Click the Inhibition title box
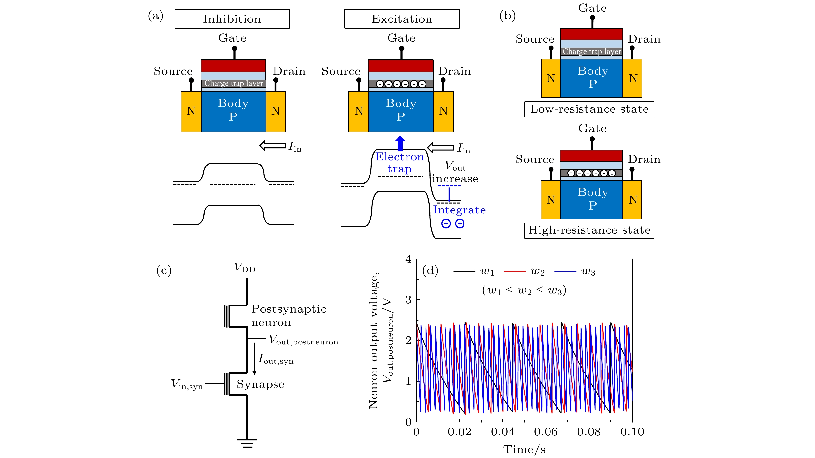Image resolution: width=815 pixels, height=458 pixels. pos(232,19)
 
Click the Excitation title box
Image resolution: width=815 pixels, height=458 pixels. pos(402,19)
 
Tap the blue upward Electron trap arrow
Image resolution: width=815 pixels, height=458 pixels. pos(400,143)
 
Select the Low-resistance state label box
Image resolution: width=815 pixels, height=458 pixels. pos(589,109)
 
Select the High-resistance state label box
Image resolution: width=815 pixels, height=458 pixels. pos(589,230)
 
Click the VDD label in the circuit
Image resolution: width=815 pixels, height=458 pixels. pos(245,268)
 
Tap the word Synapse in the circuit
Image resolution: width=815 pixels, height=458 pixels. pos(260,384)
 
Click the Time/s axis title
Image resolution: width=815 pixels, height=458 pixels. pos(524,449)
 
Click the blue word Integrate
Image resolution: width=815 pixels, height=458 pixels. pos(459,210)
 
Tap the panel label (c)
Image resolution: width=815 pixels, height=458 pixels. pos(164,270)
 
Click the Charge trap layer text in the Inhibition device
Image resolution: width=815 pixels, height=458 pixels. pos(234,84)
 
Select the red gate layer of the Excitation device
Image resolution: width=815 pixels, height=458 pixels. pos(400,66)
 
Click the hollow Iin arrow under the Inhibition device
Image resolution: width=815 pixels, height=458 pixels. pos(273,146)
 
